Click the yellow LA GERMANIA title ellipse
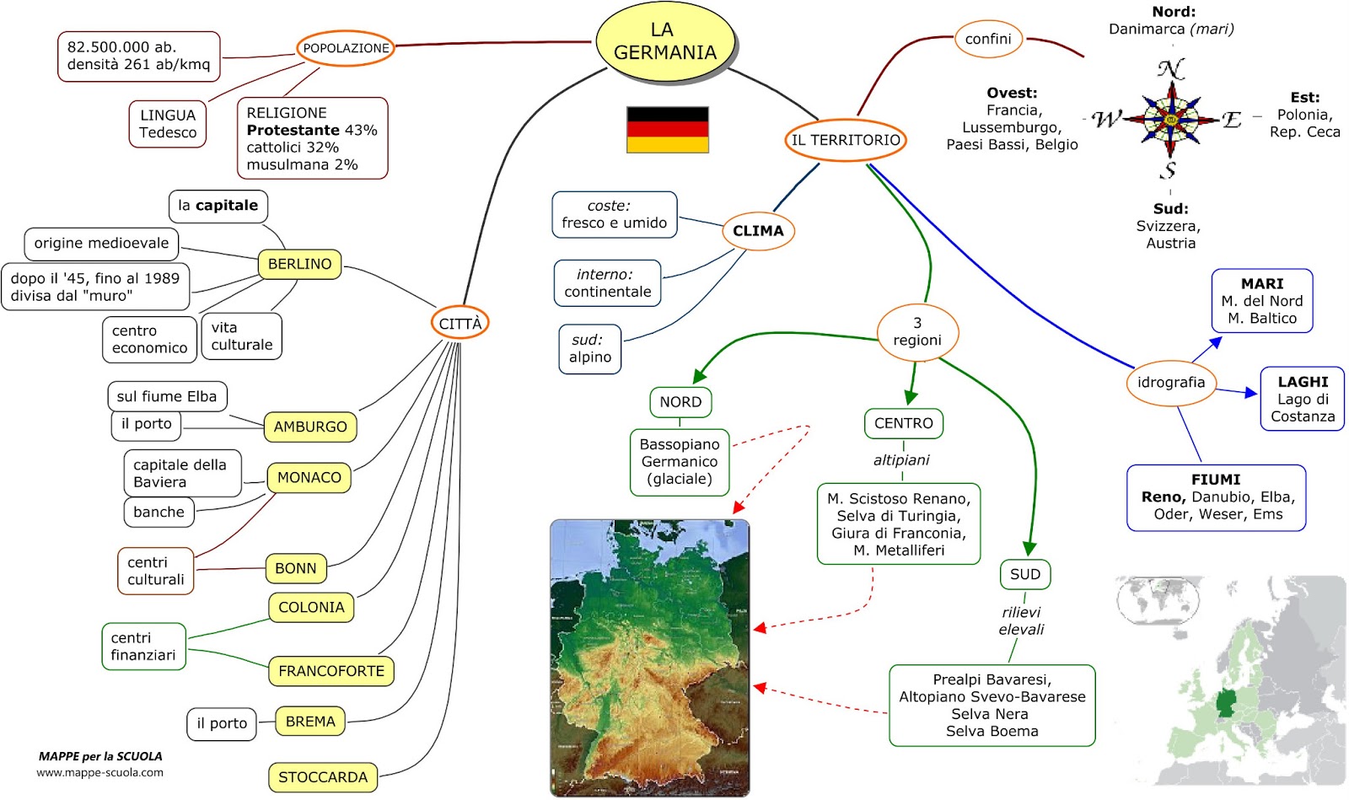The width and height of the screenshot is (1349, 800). tap(664, 41)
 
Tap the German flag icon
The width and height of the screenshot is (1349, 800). tap(667, 130)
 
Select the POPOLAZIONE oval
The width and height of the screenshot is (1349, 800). tap(346, 48)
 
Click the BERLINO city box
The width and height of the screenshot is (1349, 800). tap(299, 264)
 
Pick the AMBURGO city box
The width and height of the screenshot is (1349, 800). tap(309, 427)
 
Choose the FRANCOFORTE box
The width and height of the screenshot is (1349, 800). tap(331, 671)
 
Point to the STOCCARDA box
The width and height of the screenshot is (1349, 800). tap(322, 777)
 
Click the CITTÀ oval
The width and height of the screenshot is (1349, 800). tap(460, 323)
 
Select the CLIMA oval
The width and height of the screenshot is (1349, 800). tap(758, 231)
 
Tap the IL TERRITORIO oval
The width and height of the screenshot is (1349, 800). tap(845, 140)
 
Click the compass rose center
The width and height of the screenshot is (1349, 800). tap(1170, 119)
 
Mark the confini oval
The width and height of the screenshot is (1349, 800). tap(988, 39)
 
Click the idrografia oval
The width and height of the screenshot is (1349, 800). tap(1170, 383)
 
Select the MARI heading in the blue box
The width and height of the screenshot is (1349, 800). tap(1261, 284)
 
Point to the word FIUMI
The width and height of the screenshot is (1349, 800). tap(1215, 480)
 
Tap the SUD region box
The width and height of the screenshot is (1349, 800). tap(1024, 574)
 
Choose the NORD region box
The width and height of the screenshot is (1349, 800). tap(680, 402)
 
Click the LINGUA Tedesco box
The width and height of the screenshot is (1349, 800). tap(167, 124)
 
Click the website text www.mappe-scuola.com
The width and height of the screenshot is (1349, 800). tap(99, 772)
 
